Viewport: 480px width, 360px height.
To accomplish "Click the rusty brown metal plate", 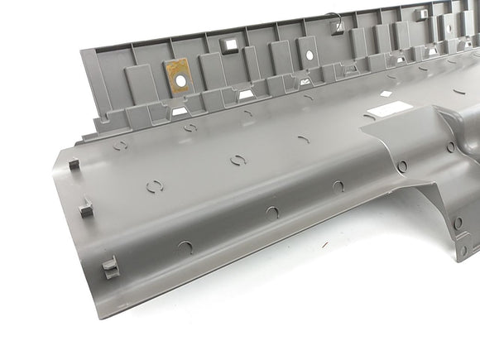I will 176,74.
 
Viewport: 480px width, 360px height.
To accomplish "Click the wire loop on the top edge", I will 334,18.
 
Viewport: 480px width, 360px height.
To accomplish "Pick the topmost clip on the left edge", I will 72,163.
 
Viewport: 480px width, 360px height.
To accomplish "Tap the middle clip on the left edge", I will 86,206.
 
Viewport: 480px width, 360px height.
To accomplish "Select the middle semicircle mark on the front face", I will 272,212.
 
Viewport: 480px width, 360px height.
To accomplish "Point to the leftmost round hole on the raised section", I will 402,166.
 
